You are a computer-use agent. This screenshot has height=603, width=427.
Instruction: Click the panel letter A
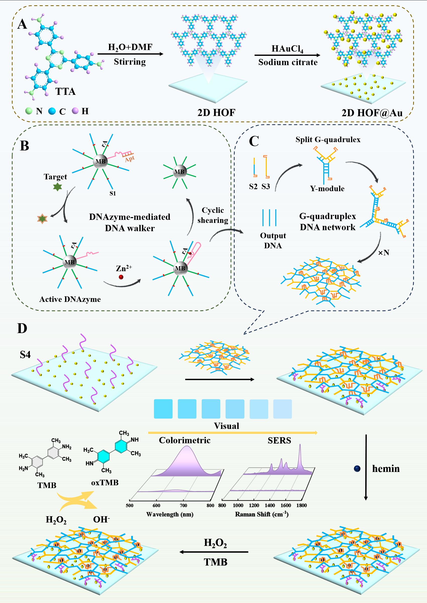tap(22, 25)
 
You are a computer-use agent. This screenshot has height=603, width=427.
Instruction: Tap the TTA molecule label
tap(65, 91)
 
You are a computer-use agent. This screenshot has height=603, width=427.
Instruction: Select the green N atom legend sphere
tap(29, 111)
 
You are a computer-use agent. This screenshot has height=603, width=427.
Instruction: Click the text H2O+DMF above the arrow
tap(130, 47)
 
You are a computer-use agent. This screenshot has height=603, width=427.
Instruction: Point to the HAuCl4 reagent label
tap(287, 49)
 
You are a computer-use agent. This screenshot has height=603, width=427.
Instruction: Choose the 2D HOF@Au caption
tap(372, 113)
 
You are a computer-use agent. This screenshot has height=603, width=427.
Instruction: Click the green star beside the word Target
tap(57, 187)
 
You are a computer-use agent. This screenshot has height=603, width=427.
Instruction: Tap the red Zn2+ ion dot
tap(121, 277)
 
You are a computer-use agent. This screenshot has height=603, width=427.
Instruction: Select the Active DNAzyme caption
tap(70, 299)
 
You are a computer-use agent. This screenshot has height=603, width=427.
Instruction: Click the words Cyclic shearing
tap(213, 215)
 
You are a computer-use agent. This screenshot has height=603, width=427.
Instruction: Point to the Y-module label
tap(327, 188)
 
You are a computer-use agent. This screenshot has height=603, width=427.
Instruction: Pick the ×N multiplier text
tap(383, 253)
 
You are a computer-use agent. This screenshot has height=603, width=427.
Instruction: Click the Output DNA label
tap(273, 240)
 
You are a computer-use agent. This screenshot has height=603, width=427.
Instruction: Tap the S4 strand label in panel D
tap(25, 355)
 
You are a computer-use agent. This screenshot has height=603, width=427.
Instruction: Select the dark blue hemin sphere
tap(357, 469)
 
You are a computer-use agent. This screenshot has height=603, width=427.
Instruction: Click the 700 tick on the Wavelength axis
tap(183, 505)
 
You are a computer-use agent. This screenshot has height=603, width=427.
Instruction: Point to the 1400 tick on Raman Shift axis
tap(270, 505)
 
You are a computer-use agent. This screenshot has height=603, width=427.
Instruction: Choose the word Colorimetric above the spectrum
tap(185, 440)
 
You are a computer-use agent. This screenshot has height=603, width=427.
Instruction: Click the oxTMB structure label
tap(105, 483)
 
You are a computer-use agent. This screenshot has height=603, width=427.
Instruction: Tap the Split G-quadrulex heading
tap(328, 139)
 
